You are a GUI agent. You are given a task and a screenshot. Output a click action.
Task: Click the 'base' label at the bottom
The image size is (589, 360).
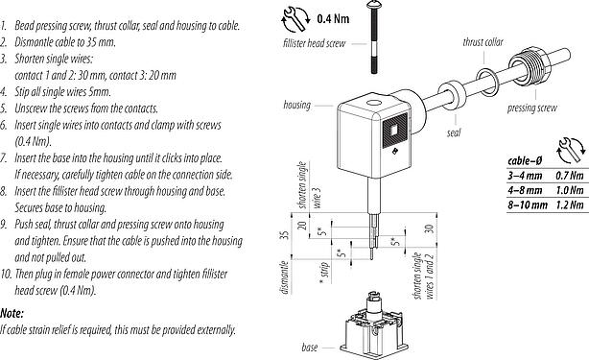(x=310, y=346)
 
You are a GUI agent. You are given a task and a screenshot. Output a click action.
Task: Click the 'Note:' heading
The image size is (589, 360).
(x=12, y=313)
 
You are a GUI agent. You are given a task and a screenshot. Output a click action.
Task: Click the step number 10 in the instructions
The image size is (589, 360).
(x=7, y=274)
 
